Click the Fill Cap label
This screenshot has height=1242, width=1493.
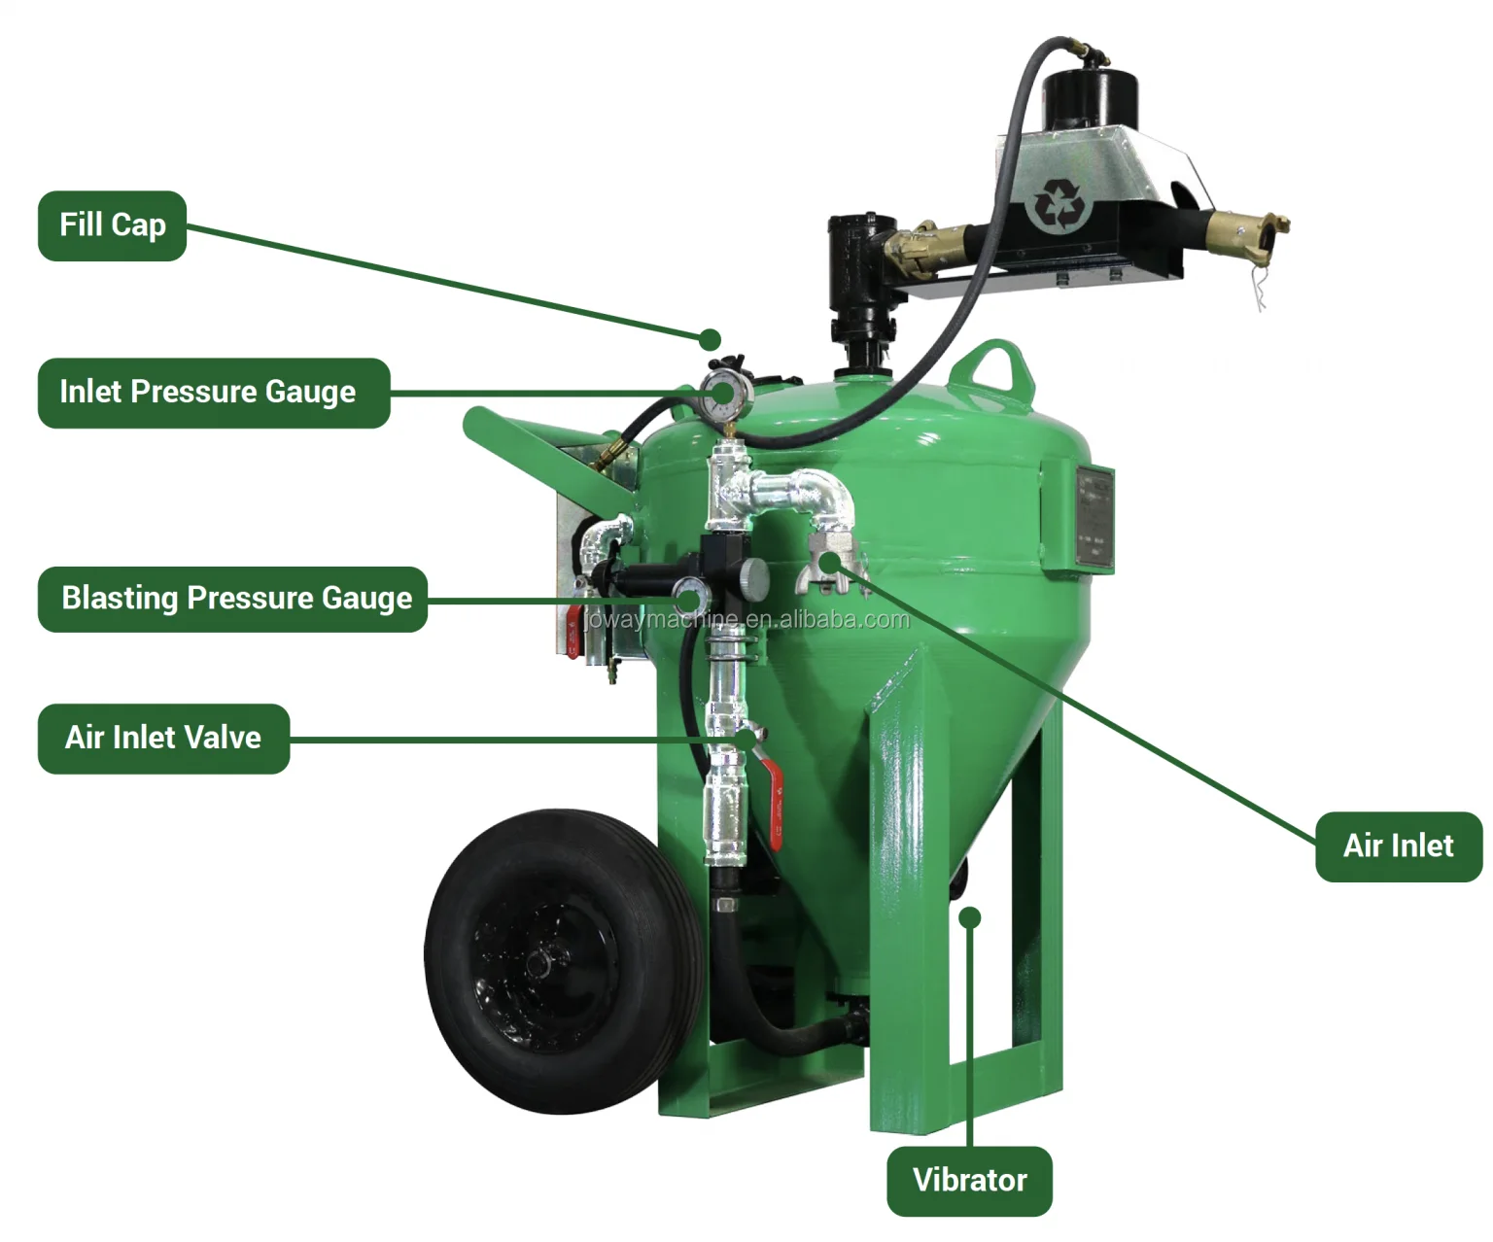112,225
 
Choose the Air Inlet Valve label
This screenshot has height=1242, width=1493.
163,738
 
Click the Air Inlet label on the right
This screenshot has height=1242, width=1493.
1398,846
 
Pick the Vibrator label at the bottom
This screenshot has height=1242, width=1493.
969,1180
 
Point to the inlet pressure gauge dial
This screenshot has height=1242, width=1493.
721,393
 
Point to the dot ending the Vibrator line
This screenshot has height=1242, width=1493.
971,917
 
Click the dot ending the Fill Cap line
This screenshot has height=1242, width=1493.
711,339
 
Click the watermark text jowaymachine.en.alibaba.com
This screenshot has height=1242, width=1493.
748,620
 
